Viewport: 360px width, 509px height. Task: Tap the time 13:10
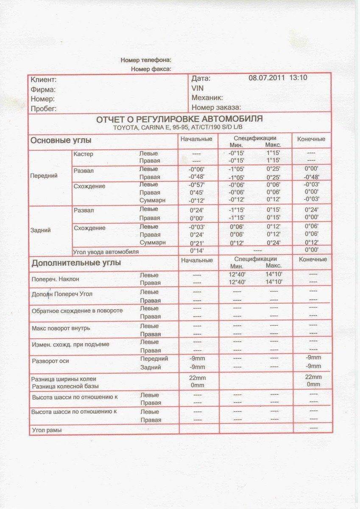[298, 78]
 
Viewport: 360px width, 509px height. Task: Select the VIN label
[198, 88]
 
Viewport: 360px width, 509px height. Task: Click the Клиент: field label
[43, 80]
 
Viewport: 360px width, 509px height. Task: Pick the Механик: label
[207, 98]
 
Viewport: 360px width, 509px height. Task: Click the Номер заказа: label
[216, 107]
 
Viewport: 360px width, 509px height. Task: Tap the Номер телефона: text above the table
[146, 60]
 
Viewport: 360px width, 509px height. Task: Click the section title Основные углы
[61, 140]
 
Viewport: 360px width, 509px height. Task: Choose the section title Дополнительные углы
[76, 263]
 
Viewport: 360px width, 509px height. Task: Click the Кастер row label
[83, 154]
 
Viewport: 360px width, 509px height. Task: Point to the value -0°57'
[196, 185]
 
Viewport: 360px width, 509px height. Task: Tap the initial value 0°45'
[196, 193]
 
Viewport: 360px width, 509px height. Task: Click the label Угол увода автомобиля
[106, 252]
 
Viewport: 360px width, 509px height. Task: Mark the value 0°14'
[196, 251]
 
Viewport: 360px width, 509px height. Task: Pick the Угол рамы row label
[47, 430]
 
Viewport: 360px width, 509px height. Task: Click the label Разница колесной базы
[65, 386]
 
